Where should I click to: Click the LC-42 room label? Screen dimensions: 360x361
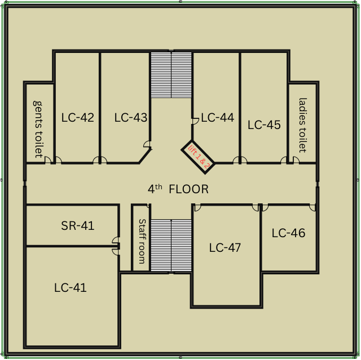(77, 118)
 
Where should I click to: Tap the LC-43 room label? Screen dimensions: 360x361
(130, 118)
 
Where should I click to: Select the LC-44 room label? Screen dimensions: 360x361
(217, 118)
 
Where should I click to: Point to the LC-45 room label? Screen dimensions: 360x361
(264, 125)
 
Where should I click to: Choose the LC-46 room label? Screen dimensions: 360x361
(288, 233)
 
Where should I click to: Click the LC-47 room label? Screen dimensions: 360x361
(225, 247)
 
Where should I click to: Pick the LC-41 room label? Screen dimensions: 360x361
(71, 288)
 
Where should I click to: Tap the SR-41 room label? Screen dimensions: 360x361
(77, 226)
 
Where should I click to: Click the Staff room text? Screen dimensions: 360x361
(142, 241)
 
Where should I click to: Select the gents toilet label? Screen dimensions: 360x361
(38, 129)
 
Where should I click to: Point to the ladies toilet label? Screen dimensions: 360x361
(302, 125)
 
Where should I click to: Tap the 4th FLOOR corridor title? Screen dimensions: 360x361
(178, 189)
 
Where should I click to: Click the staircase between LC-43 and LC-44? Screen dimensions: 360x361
(171, 74)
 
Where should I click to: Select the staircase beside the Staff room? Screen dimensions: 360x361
(171, 246)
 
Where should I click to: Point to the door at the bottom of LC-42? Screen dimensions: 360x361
(100, 159)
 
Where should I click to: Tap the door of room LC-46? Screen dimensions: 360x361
(312, 207)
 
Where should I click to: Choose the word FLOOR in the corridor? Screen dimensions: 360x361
(188, 190)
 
